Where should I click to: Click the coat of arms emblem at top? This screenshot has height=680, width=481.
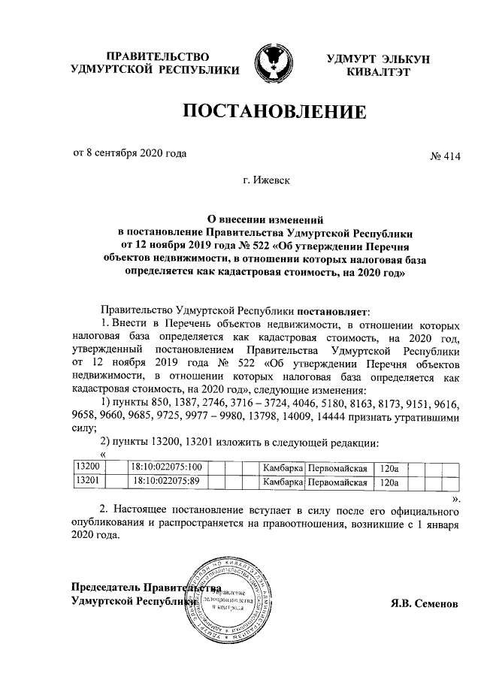(272, 64)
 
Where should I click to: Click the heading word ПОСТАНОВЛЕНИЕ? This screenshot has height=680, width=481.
(276, 113)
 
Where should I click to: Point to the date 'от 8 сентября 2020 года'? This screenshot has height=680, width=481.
(129, 153)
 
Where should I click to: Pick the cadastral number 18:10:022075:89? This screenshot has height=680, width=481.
(168, 481)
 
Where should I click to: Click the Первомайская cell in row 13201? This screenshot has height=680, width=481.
(337, 481)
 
